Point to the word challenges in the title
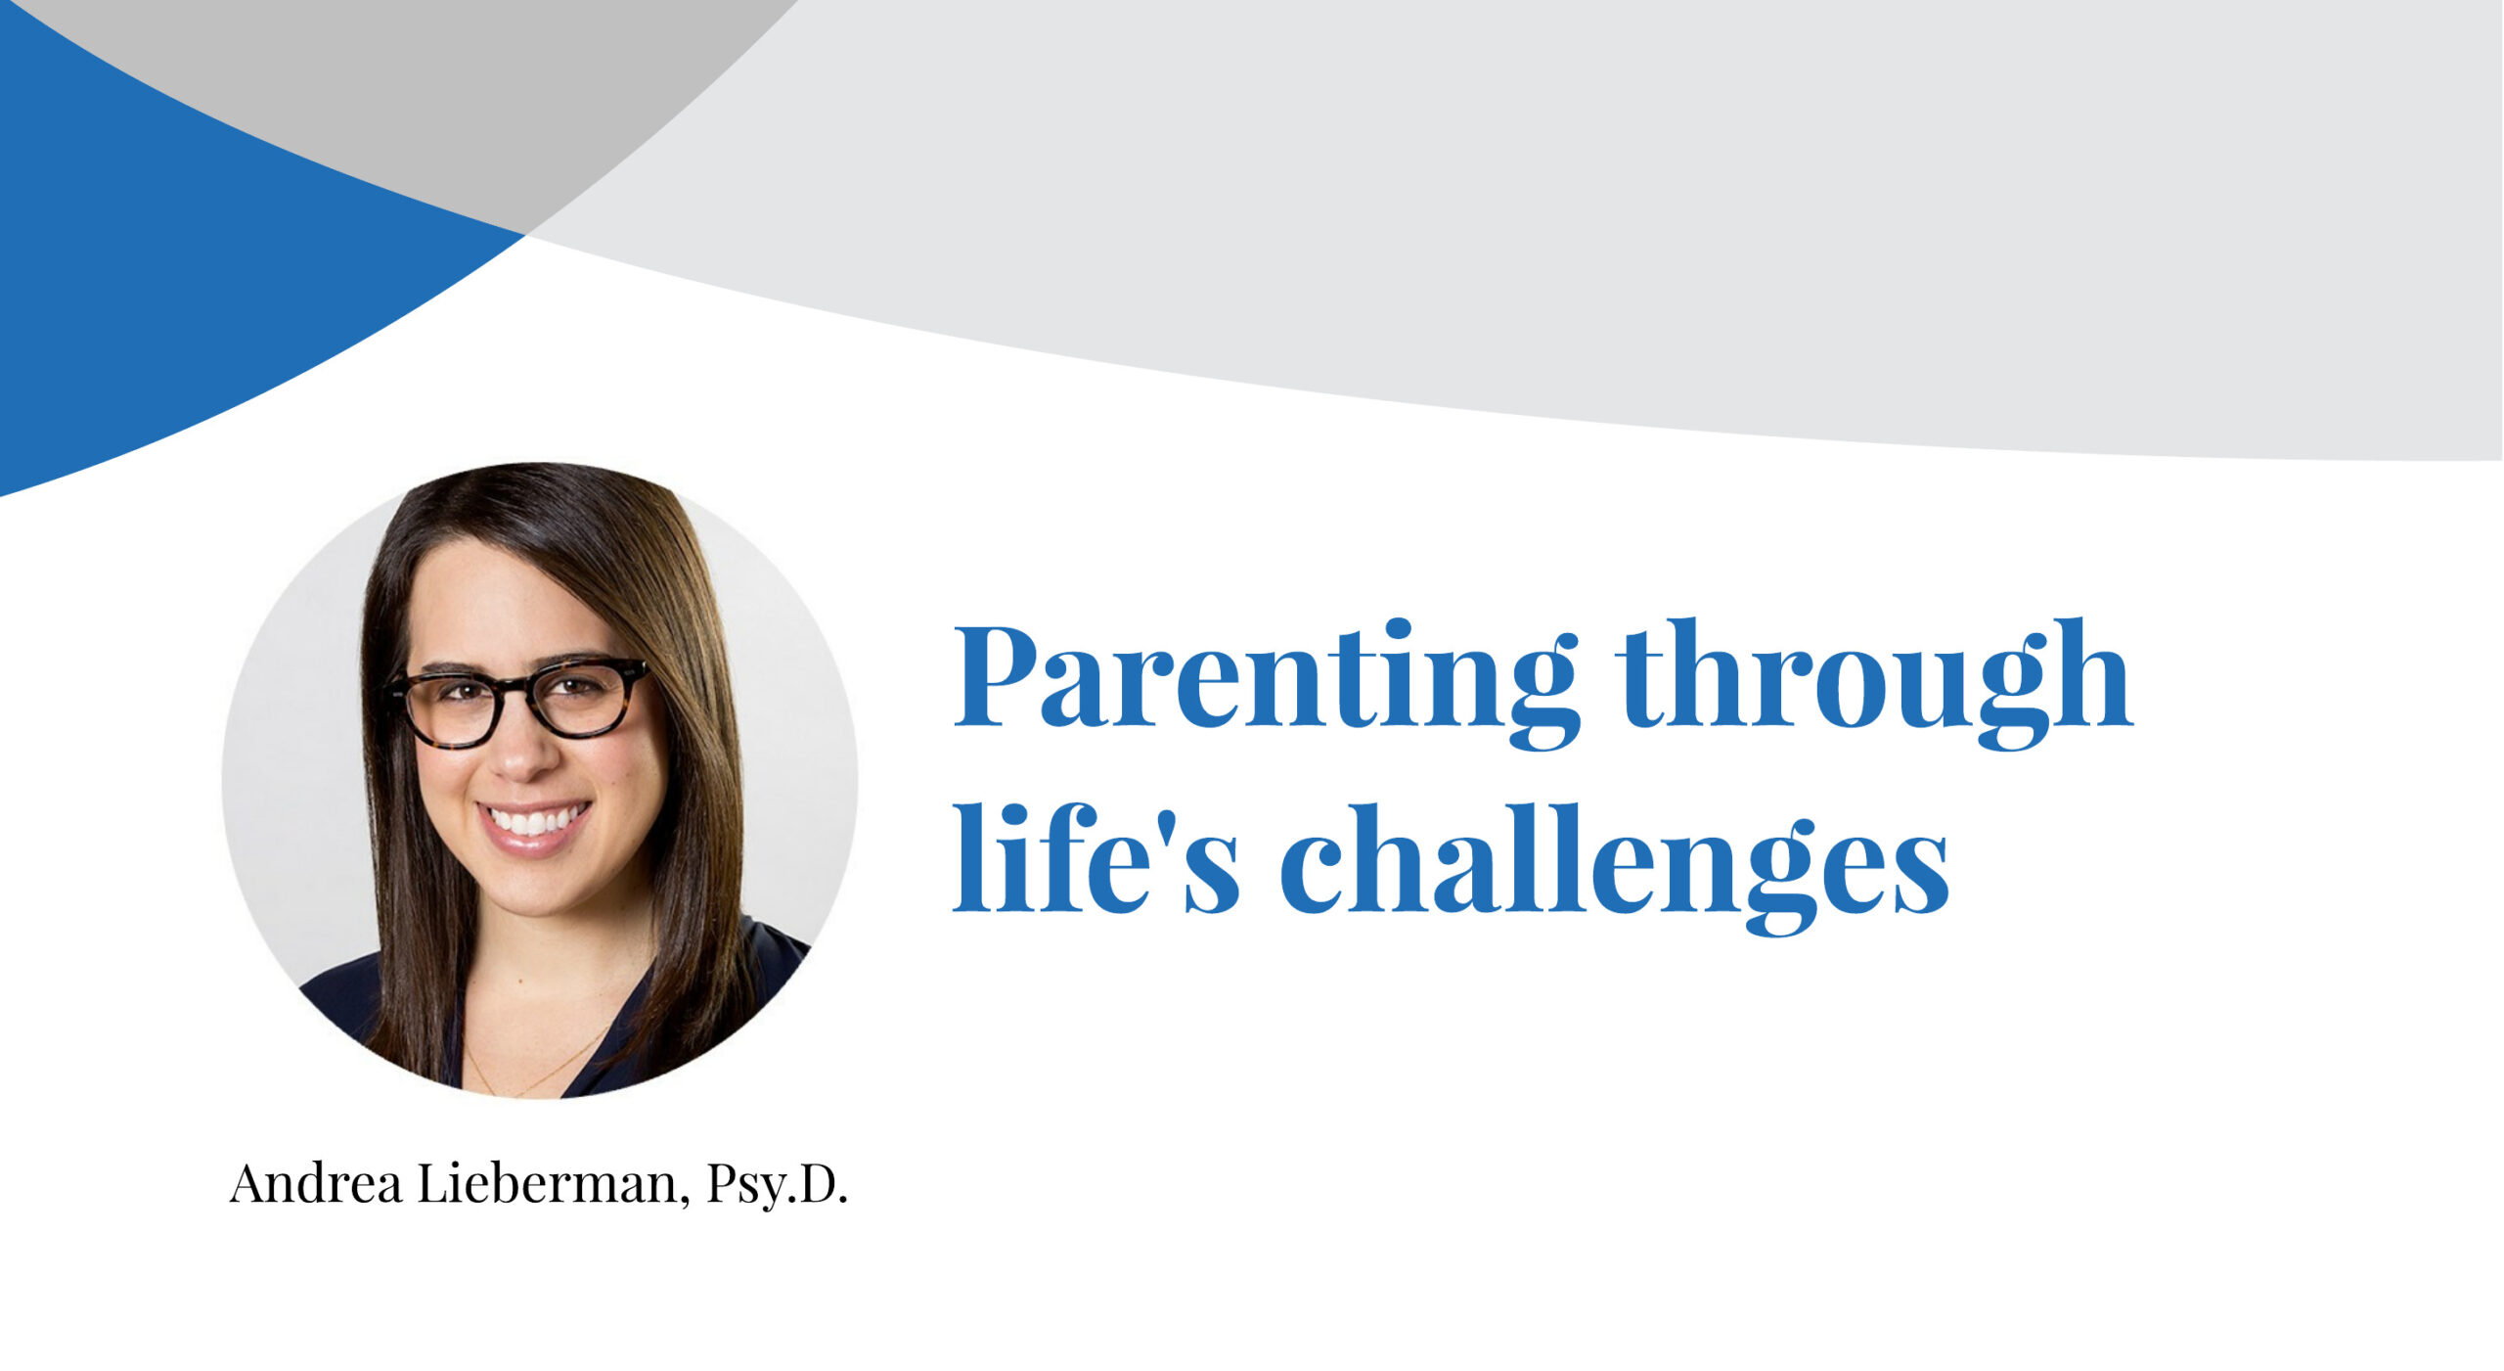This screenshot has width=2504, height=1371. click(1614, 866)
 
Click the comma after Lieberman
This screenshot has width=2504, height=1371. click(683, 1200)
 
